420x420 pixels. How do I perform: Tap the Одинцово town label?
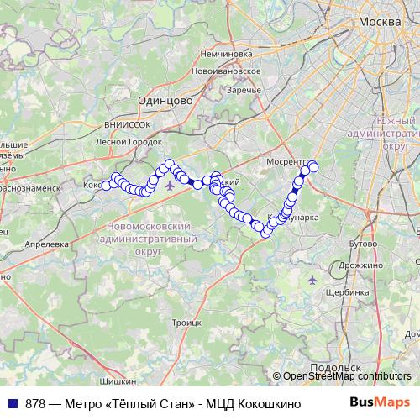point(164,99)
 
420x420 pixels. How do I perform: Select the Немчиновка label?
point(226,53)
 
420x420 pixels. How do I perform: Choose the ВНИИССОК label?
point(128,123)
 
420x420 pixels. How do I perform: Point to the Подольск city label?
point(335,368)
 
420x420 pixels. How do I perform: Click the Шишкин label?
point(101,381)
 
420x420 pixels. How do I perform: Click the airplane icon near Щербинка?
point(313,279)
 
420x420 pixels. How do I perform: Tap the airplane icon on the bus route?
point(171,185)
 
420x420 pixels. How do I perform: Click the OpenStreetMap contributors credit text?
point(346,376)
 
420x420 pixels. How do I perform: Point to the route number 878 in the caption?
point(35,403)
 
